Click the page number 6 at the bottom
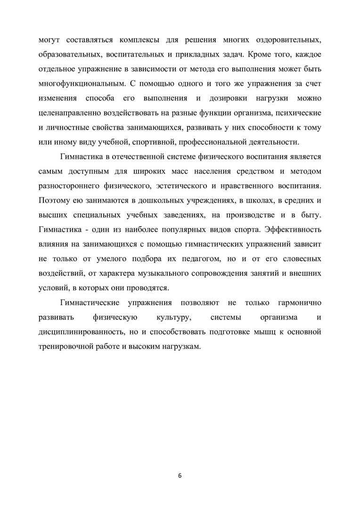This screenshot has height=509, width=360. tap(180, 475)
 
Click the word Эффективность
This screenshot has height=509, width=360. tap(294, 230)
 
